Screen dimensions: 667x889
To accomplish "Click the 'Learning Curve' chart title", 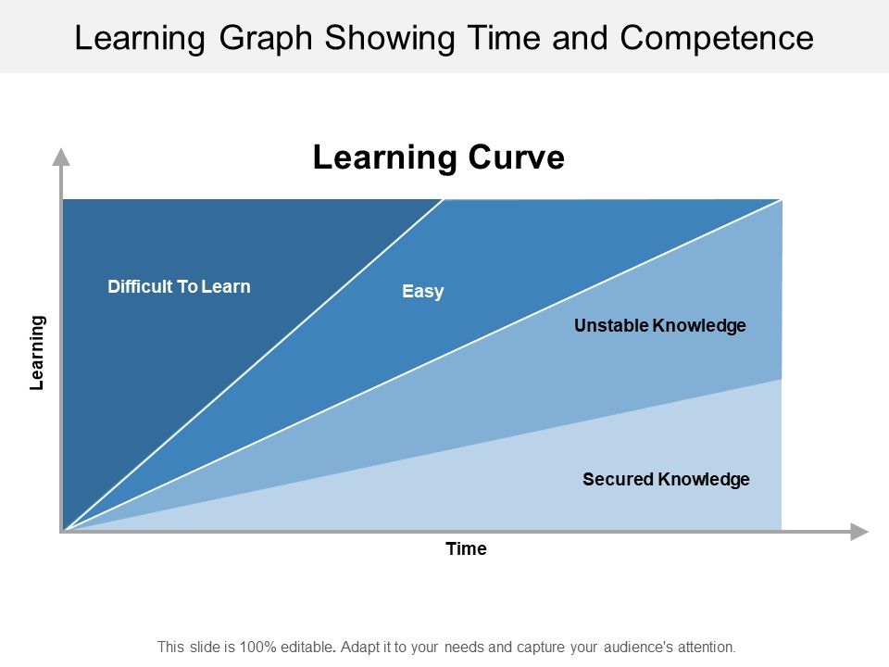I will [x=438, y=157].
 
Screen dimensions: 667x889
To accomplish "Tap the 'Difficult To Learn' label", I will [x=179, y=286].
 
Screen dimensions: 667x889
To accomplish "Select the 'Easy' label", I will [x=423, y=292].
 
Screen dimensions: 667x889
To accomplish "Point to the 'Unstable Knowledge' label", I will [x=659, y=326].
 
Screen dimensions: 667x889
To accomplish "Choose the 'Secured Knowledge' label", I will [x=666, y=480].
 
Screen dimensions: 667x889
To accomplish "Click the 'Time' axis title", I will [x=466, y=549].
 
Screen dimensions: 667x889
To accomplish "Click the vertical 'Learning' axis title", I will [x=37, y=353].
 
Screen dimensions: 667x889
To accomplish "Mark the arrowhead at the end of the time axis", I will [x=859, y=532].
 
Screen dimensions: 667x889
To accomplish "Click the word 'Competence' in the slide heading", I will [x=717, y=38].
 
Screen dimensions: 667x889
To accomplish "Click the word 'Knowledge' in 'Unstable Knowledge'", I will [x=699, y=326].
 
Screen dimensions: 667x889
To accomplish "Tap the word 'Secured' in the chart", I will [x=618, y=480].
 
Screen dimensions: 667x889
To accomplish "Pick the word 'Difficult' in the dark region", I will [x=140, y=286].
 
